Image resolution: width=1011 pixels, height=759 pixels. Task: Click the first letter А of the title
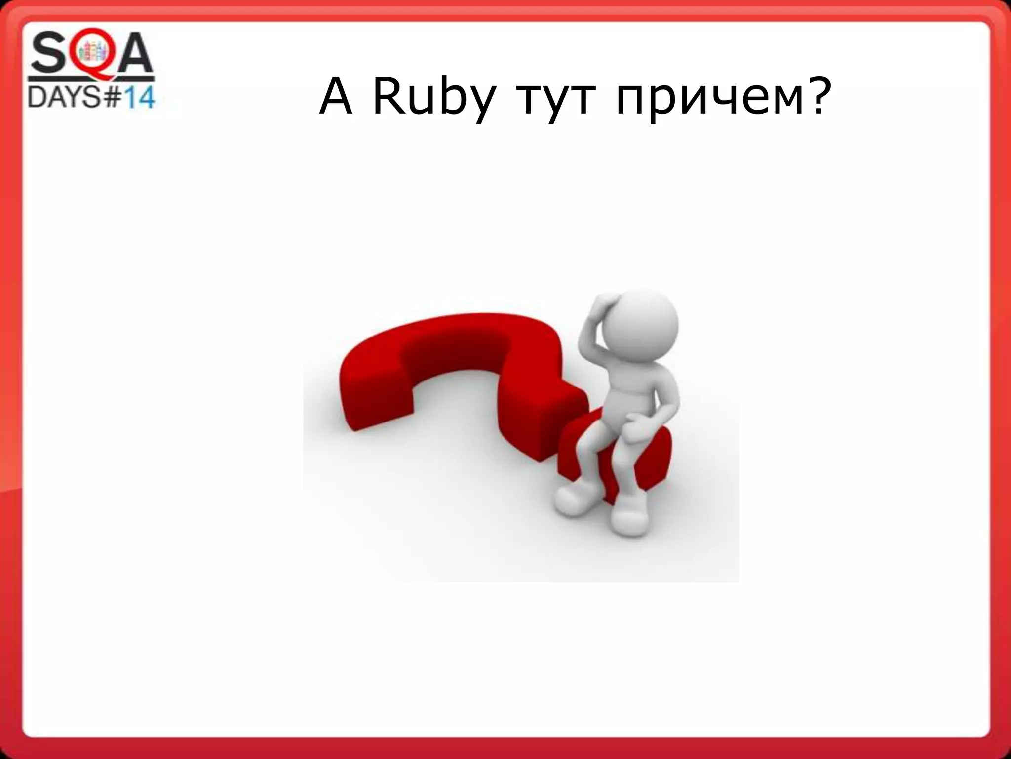point(336,98)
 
